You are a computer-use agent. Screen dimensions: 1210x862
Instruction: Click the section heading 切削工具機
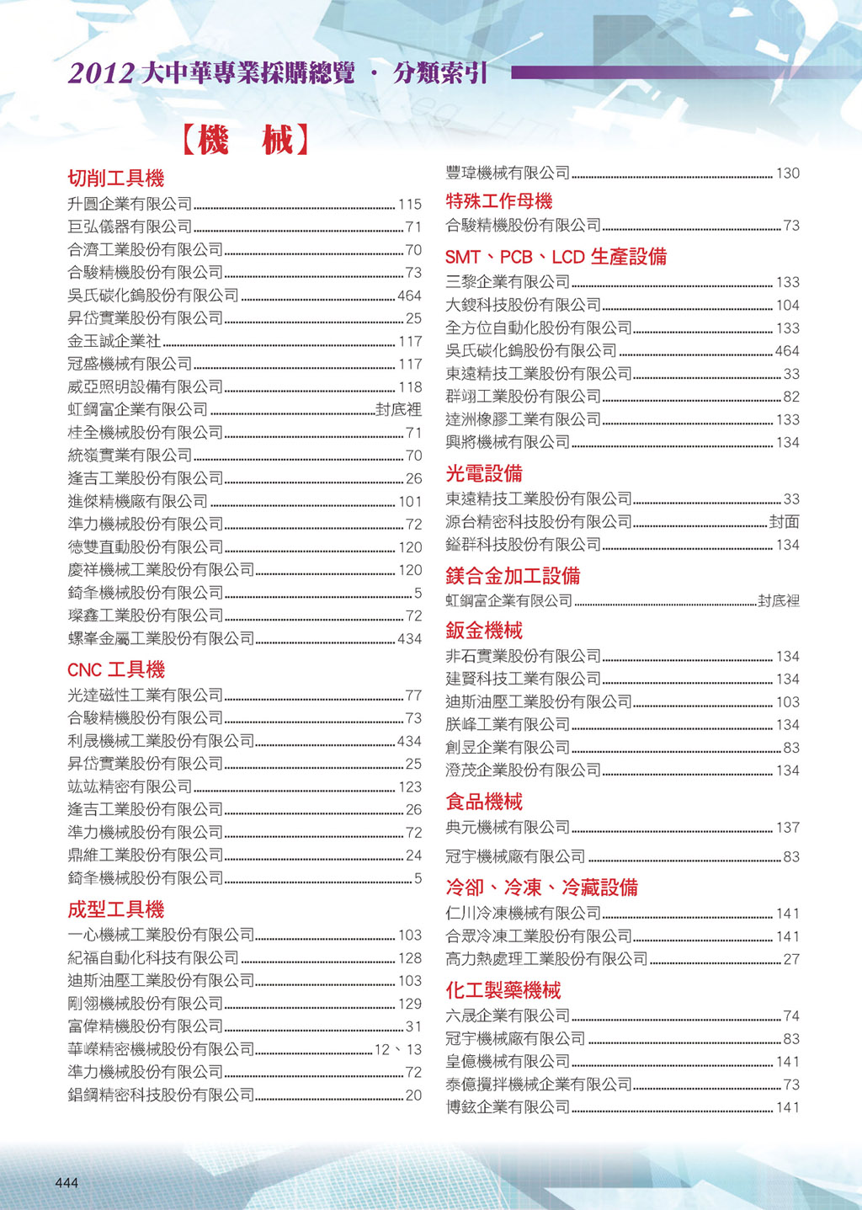click(116, 179)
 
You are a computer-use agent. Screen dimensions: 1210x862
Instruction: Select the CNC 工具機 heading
click(116, 670)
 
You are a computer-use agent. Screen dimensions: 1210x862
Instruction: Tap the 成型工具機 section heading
click(116, 909)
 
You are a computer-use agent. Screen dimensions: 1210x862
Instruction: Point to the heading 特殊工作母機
click(499, 201)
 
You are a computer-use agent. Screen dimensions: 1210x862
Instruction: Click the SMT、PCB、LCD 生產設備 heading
click(556, 257)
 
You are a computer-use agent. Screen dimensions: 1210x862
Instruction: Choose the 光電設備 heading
click(484, 474)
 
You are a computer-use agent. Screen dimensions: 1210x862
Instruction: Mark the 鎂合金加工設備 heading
click(513, 576)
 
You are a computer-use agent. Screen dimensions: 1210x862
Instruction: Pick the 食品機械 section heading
click(484, 802)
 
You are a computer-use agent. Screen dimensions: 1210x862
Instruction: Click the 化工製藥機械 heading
click(503, 990)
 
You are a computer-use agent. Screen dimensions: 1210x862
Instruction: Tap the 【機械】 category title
click(245, 140)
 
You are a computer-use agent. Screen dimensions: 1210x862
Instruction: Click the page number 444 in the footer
click(67, 1183)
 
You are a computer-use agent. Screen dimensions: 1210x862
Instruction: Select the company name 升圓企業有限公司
click(130, 204)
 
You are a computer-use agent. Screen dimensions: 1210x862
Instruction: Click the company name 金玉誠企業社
click(114, 341)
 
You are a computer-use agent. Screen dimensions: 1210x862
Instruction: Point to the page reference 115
click(410, 204)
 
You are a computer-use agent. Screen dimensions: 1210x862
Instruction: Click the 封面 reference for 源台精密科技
click(785, 522)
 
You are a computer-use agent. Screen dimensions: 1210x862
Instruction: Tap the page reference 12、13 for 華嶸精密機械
click(398, 1050)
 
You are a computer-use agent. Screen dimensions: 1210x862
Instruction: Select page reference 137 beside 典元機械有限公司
click(788, 828)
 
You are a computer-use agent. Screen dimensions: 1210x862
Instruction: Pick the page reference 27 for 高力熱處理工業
click(791, 959)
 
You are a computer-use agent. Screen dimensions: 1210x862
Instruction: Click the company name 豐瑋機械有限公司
click(508, 173)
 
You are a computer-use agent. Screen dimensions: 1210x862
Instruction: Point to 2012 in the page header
click(101, 74)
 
